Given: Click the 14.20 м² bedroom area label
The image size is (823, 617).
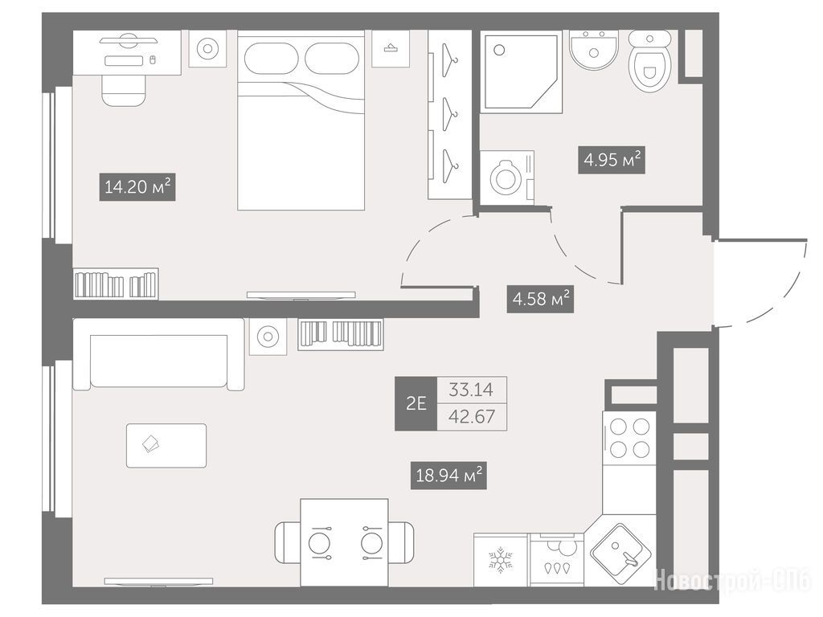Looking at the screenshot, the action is coord(137,186).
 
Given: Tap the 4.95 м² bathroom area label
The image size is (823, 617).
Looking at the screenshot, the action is coord(612,160).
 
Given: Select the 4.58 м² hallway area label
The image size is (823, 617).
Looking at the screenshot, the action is coord(540,299).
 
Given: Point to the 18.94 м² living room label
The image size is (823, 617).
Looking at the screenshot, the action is coord(448,476).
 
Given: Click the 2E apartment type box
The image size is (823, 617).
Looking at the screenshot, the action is coord(416,403).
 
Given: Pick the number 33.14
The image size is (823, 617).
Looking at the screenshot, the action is coord(471,390).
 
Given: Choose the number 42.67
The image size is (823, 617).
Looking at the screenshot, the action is coord(471,417).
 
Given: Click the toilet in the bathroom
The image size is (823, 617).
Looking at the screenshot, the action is coord(649,61).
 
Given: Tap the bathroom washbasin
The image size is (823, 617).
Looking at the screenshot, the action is coord(594,49).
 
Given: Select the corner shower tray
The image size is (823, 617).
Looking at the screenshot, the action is coord(521,72).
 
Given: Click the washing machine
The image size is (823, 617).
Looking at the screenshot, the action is coord(506,178).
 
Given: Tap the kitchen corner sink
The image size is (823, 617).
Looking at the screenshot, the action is coord(621,551).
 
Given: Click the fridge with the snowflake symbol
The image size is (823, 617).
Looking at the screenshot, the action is coord(501,560).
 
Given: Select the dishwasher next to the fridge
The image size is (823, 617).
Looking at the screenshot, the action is coord(556,560).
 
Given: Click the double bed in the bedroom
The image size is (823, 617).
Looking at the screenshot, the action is coord(301,121).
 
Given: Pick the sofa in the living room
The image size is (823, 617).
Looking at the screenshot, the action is coord(158,354).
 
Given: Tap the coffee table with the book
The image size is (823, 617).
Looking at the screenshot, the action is coord(166,445).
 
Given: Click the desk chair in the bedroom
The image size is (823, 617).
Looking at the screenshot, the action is coord(123,90).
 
